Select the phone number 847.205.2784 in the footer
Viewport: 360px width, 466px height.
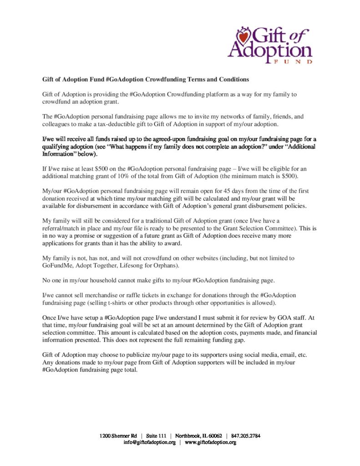pos(246,436)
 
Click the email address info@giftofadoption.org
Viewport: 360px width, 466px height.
pos(150,442)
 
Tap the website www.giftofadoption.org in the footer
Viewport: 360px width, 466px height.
pos(210,442)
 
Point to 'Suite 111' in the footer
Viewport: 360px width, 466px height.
pos(158,436)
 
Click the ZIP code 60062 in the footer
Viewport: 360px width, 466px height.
pos(212,436)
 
